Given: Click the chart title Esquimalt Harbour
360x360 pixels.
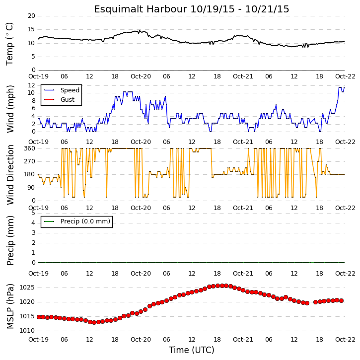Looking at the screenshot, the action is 141,9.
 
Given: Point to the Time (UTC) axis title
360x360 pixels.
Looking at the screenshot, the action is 192,350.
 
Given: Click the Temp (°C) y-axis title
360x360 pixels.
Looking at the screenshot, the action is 9,44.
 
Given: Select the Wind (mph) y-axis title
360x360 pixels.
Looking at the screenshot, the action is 10,109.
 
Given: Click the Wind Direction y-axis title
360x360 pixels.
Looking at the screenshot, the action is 10,174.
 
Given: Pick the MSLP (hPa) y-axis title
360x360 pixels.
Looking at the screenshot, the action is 10,306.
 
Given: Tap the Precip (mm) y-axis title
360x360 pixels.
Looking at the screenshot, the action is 10,240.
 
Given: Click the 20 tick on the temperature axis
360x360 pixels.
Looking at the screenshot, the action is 31,16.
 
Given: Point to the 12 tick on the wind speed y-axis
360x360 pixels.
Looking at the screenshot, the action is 31,85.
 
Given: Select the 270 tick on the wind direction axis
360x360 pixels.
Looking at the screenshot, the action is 30,161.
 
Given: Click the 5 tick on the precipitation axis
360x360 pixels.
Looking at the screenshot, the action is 33,213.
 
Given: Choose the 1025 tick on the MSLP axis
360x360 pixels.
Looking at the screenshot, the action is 27,288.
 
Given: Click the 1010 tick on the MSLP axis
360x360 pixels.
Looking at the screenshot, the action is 27,331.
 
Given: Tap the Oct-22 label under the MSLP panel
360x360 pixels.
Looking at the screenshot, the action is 345,339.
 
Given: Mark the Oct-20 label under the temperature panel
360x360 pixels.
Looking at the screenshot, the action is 141,76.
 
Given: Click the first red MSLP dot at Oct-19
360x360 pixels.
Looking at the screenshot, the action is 39,317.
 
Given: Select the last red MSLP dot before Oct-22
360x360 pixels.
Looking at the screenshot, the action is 341,300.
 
